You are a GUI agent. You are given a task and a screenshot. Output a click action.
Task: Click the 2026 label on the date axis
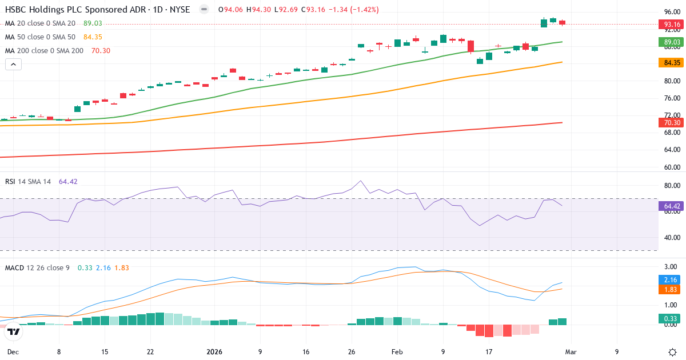pyautogui.click(x=215, y=352)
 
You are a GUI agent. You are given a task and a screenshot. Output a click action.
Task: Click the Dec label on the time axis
pyautogui.click(x=13, y=352)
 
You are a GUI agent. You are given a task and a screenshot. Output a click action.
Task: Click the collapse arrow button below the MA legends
pyautogui.click(x=13, y=65)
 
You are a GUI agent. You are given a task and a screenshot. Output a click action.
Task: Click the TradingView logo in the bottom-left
pyautogui.click(x=14, y=331)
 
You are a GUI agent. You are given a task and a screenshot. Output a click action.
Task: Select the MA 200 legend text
pyautogui.click(x=44, y=51)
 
